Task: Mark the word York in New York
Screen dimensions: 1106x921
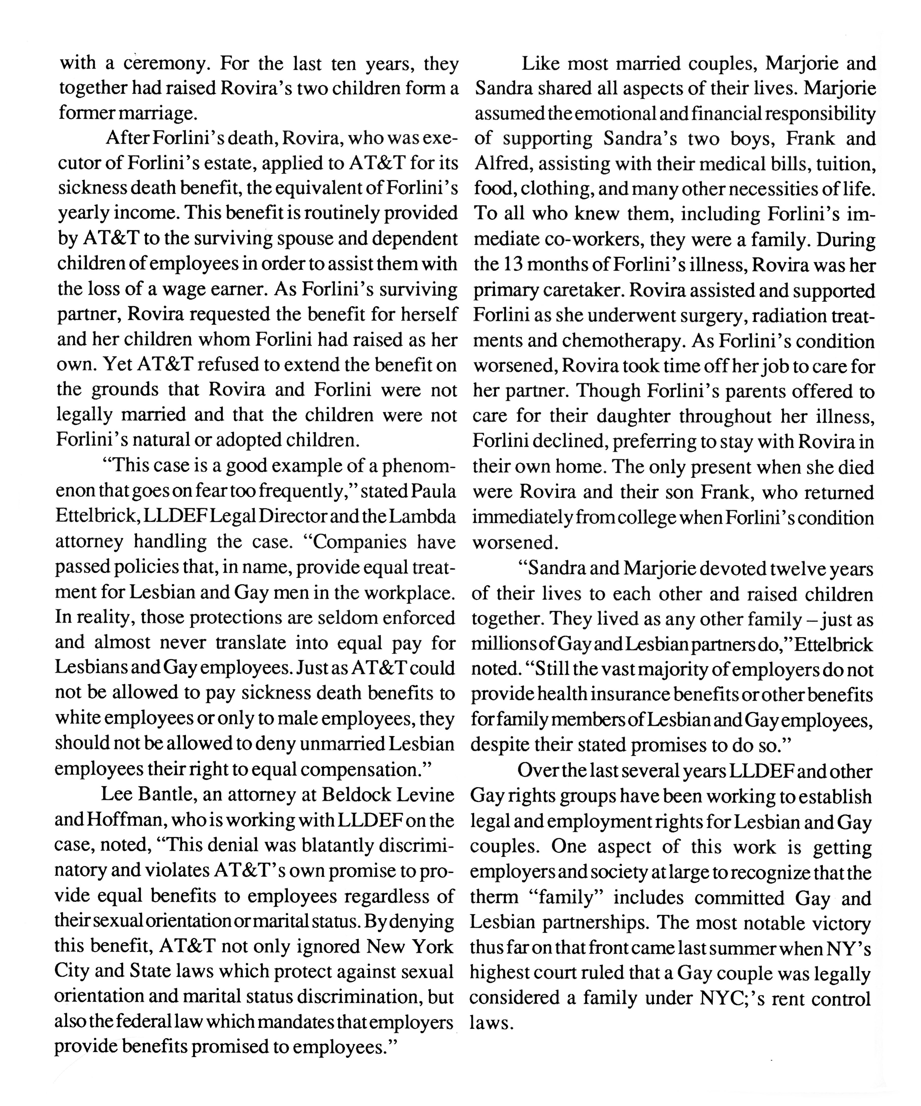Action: point(432,946)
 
